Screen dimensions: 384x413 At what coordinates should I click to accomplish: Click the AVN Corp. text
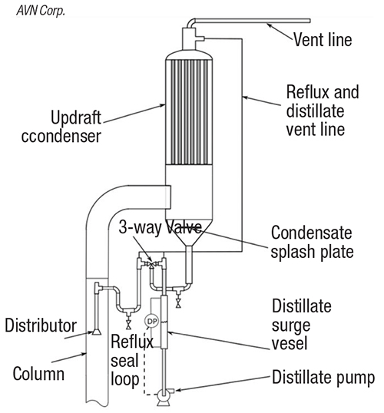click(41, 11)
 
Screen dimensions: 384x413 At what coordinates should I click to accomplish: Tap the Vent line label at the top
click(323, 40)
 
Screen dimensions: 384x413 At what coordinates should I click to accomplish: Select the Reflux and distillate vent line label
click(323, 111)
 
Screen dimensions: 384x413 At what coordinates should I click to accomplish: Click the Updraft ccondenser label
click(61, 127)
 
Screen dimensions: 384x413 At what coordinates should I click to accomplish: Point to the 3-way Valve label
click(161, 227)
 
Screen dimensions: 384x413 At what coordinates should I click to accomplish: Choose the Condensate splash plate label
click(312, 242)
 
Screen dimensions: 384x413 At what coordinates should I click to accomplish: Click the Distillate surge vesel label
click(302, 325)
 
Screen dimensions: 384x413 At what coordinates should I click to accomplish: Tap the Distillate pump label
click(323, 378)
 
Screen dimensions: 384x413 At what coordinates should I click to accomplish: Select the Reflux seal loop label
click(132, 360)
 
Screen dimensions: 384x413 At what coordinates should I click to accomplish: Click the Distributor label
click(41, 325)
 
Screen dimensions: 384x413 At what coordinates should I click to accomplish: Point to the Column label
click(38, 374)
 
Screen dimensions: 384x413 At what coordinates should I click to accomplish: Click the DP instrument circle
click(151, 321)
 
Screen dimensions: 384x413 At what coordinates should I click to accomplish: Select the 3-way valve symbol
click(151, 263)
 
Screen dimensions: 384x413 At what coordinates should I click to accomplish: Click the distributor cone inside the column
click(97, 332)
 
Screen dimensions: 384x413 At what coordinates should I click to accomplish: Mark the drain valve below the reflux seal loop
click(128, 325)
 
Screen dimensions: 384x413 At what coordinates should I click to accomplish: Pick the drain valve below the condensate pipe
click(178, 303)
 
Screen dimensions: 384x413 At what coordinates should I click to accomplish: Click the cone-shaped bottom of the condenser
click(189, 233)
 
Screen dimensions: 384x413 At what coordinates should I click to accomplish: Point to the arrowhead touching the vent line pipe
click(269, 25)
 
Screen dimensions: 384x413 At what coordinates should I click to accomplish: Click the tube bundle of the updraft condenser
click(189, 113)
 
